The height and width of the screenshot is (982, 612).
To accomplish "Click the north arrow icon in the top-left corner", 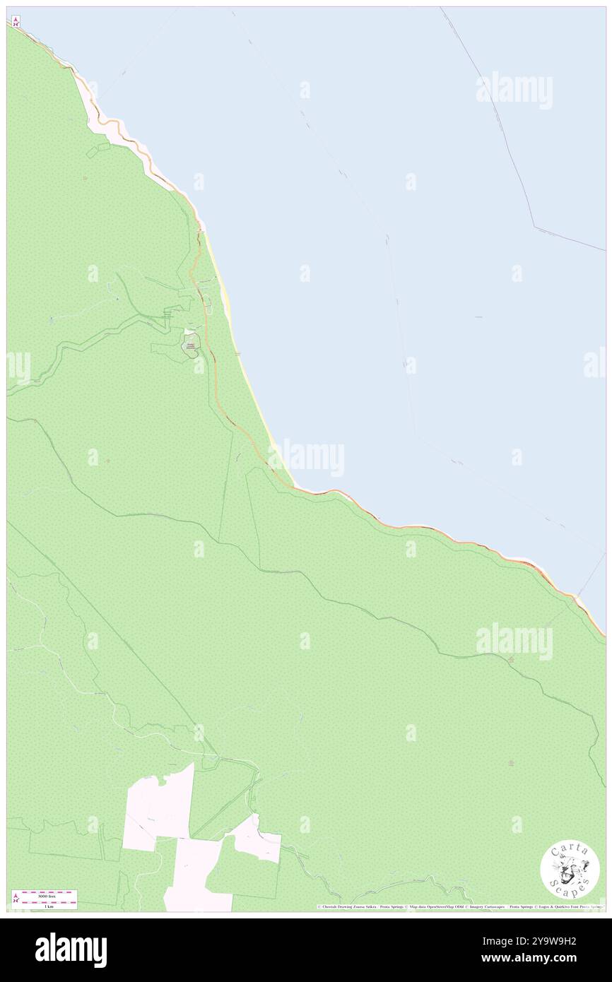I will click(x=16, y=22).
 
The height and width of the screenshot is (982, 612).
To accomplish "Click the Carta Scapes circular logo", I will click(x=570, y=871).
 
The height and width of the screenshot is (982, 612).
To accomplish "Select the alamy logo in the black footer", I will click(x=71, y=950).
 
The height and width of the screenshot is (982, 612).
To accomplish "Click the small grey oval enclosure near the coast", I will click(x=190, y=345).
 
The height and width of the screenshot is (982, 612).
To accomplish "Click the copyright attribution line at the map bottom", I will click(x=459, y=906).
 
